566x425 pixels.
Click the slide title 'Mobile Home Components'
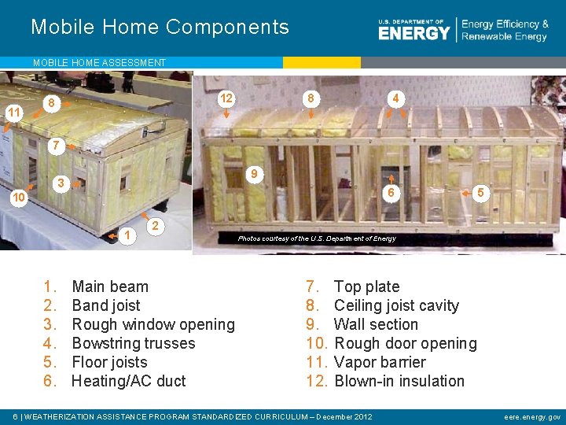pyautogui.click(x=160, y=28)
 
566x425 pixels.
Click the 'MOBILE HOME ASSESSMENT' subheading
pyautogui.click(x=99, y=62)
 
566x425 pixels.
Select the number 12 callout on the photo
pyautogui.click(x=226, y=98)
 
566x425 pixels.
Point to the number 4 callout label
pyautogui.click(x=397, y=98)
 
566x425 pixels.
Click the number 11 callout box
pyautogui.click(x=13, y=113)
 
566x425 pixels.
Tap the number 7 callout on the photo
pyautogui.click(x=55, y=146)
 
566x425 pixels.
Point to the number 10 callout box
pyautogui.click(x=18, y=198)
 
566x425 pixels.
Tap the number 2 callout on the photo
pyautogui.click(x=156, y=226)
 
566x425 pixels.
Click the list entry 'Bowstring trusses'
pyautogui.click(x=133, y=343)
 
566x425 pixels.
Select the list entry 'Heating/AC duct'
pyautogui.click(x=128, y=381)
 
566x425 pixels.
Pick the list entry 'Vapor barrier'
pyautogui.click(x=380, y=362)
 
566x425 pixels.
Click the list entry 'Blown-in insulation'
pyautogui.click(x=399, y=381)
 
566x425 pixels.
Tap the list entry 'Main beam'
pyautogui.click(x=109, y=286)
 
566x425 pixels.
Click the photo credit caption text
pyautogui.click(x=317, y=238)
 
